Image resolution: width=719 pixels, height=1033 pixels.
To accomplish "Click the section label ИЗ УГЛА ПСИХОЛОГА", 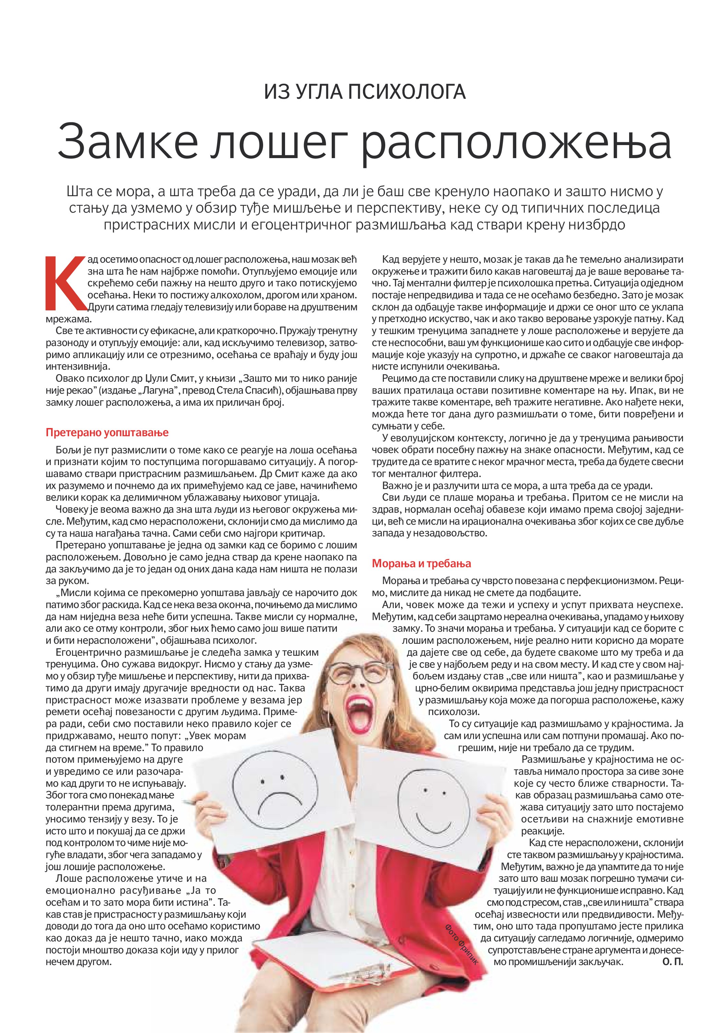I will click(x=364, y=92).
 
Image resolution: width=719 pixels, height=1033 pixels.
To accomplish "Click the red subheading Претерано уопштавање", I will click(x=107, y=432).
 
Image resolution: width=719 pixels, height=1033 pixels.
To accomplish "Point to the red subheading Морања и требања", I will click(x=421, y=564).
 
